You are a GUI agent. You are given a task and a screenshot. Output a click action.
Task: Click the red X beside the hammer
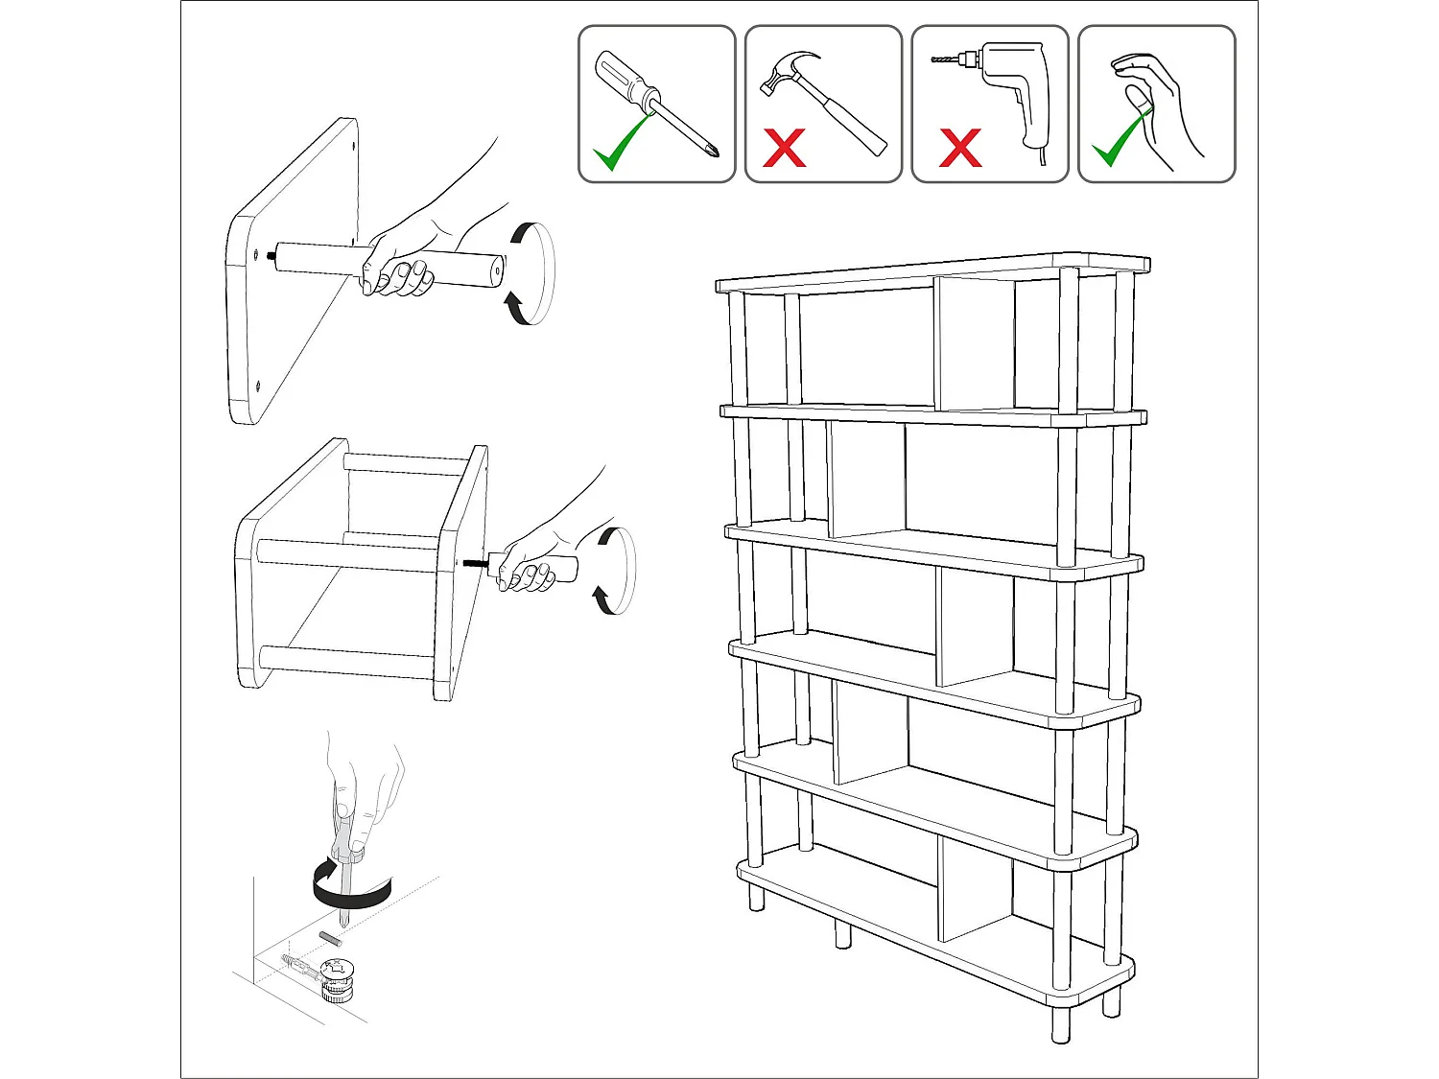coord(784,148)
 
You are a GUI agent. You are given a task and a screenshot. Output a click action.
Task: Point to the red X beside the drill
coord(959,148)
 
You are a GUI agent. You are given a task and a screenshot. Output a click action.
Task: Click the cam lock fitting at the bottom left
coord(337,978)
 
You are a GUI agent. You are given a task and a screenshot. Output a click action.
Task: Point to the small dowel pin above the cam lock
coord(327,936)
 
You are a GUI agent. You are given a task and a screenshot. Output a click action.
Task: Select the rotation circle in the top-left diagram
coord(531,273)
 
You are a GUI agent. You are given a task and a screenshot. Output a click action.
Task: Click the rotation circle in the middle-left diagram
coord(614,571)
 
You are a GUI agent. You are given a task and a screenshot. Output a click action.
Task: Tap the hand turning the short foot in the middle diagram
coord(528,566)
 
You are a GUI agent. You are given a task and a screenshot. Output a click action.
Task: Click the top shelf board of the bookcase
coord(931,272)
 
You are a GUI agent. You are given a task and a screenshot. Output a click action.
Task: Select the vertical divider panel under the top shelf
coord(976,345)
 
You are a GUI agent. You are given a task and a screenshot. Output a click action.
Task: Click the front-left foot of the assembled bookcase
coord(756,897)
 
